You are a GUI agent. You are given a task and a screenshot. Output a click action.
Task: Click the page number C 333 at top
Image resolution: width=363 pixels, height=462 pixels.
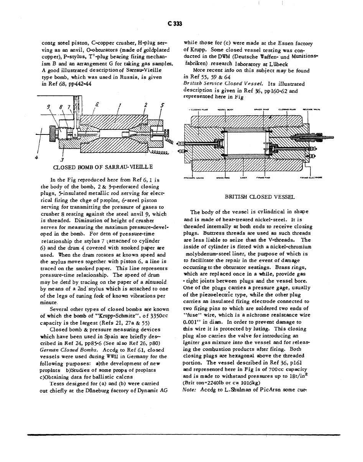tap(174, 23)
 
